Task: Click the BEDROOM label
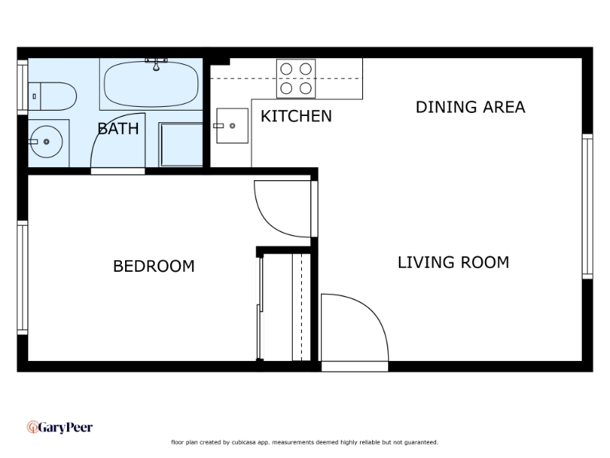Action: click(x=154, y=266)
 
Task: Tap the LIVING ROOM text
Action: click(x=453, y=263)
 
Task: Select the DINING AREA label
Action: click(x=470, y=107)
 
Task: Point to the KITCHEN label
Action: click(x=296, y=116)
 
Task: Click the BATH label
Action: click(x=118, y=128)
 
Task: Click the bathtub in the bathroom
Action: click(x=151, y=84)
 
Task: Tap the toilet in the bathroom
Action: click(x=52, y=96)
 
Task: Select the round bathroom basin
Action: click(x=47, y=142)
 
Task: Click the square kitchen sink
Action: click(x=233, y=126)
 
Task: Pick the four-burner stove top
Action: click(x=296, y=79)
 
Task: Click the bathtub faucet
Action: click(x=156, y=64)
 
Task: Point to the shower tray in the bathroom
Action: click(x=181, y=145)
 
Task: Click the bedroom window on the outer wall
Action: click(x=23, y=278)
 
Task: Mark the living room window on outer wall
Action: click(x=587, y=206)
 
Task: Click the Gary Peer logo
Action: click(x=60, y=427)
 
